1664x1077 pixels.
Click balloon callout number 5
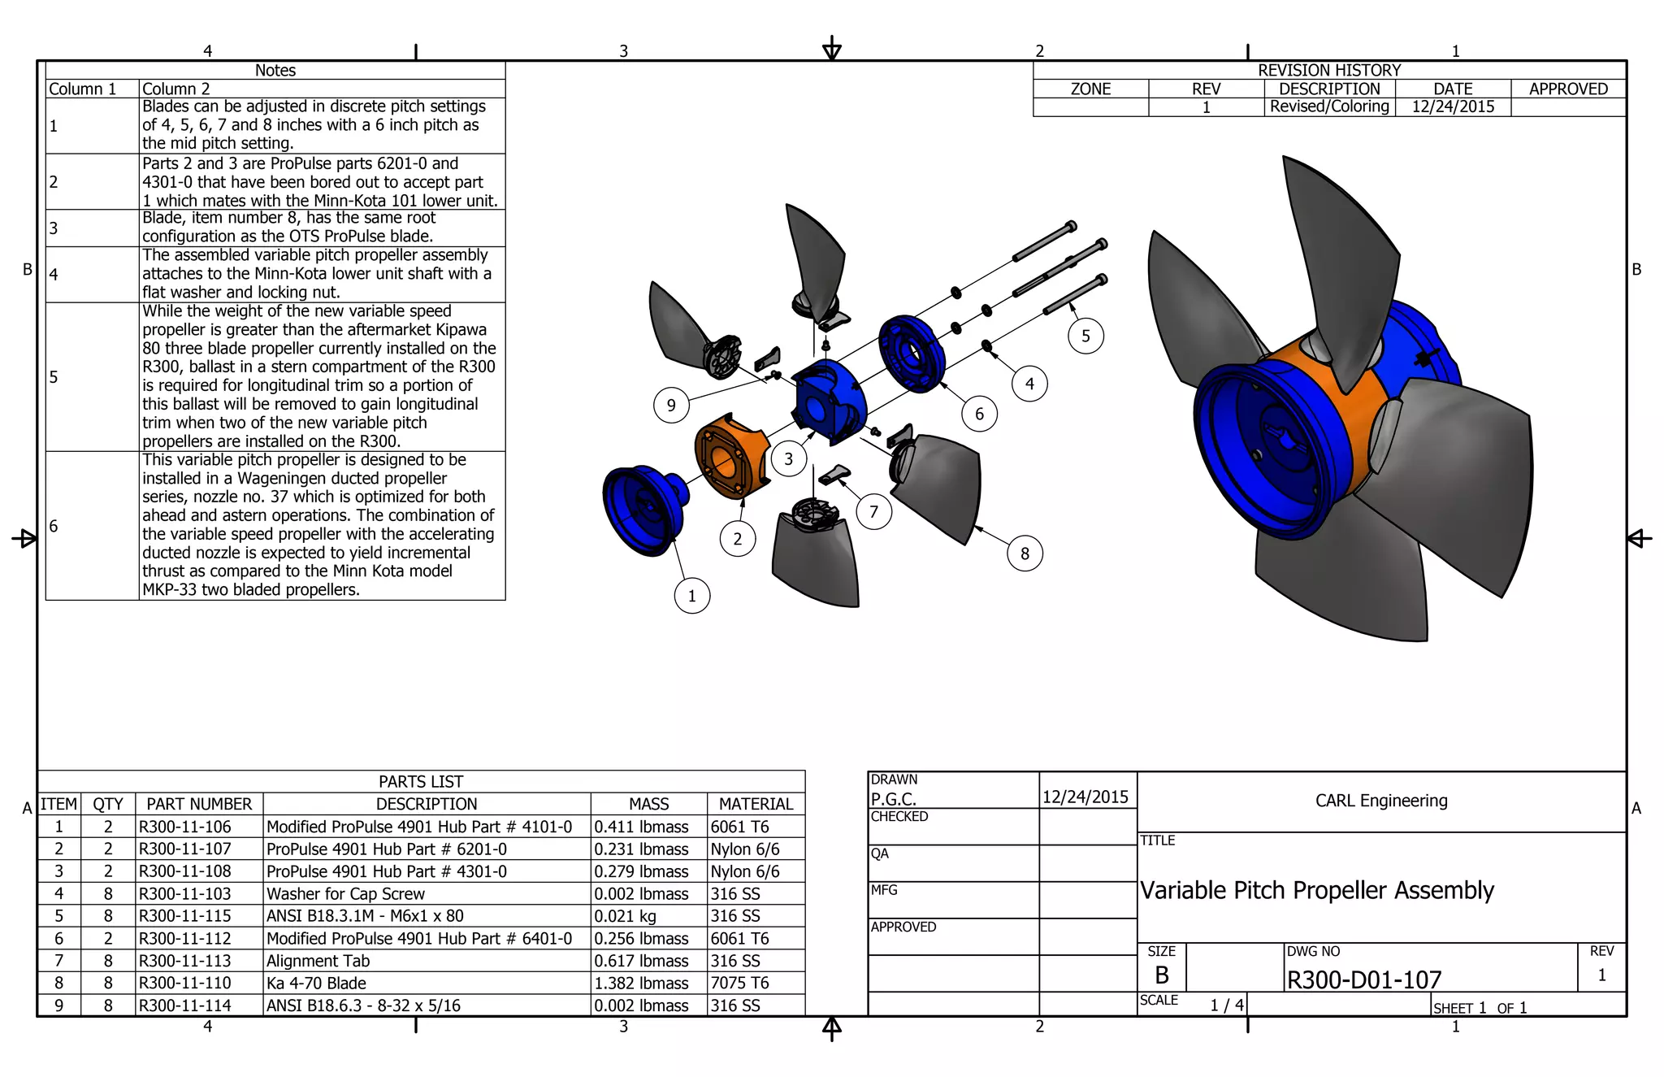(x=1085, y=336)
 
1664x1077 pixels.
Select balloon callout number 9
(x=671, y=405)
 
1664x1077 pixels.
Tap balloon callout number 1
(x=691, y=596)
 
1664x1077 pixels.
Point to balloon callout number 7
(x=873, y=512)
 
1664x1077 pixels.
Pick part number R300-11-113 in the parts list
(x=185, y=961)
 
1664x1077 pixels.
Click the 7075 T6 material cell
(x=739, y=983)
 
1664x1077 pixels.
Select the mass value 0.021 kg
(x=625, y=916)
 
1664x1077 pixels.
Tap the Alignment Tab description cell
(x=318, y=961)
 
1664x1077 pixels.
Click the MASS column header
(x=648, y=804)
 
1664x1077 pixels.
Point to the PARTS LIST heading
(x=420, y=781)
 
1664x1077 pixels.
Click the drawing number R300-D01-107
(x=1363, y=979)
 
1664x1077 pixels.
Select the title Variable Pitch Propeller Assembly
(x=1316, y=890)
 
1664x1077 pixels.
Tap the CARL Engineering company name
(x=1381, y=801)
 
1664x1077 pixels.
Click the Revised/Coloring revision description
(x=1329, y=106)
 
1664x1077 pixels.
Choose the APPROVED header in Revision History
(x=1567, y=89)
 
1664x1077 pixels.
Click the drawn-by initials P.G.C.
(x=893, y=799)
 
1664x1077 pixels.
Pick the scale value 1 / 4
(x=1226, y=1005)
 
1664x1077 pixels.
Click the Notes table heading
(x=275, y=70)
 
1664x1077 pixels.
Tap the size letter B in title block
(x=1161, y=975)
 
